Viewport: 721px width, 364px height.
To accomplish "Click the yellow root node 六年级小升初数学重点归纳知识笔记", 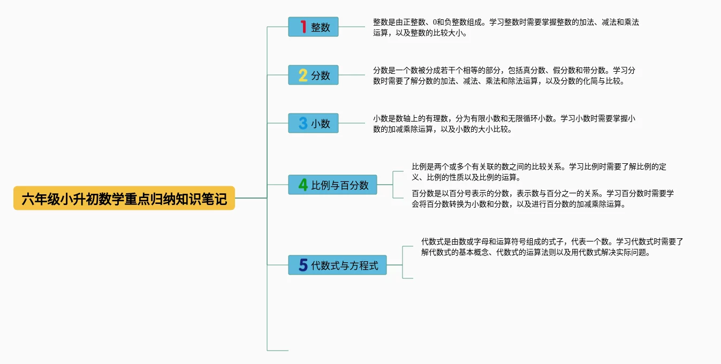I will (124, 199).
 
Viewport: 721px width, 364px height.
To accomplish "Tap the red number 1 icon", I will (303, 27).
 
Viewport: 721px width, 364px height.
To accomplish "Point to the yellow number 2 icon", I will (303, 75).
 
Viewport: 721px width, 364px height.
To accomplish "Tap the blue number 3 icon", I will (303, 124).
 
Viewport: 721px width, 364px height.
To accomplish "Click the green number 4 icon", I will (303, 185).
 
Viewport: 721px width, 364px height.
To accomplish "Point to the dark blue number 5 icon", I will (303, 265).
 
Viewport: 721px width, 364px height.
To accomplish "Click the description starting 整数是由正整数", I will (506, 27).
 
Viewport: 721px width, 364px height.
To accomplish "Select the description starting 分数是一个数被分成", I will (504, 75).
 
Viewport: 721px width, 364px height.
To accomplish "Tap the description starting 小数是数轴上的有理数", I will (504, 124).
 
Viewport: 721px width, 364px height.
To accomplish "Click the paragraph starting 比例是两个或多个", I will (538, 172).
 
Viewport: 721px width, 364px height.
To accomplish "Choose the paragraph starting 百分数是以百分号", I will (542, 199).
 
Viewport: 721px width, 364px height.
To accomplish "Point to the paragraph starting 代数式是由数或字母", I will (552, 247).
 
